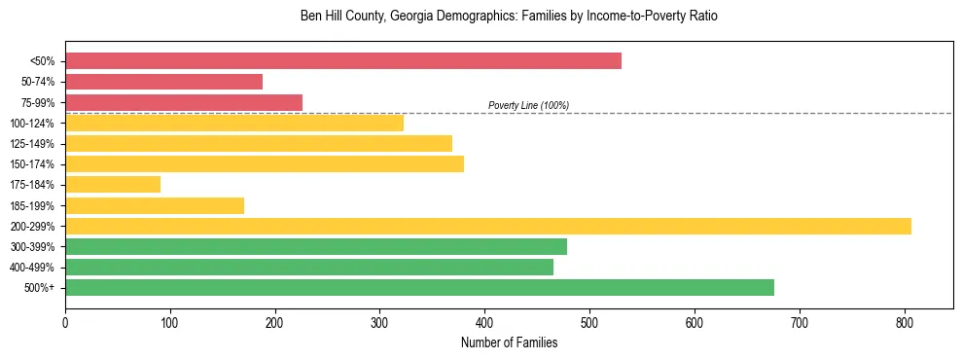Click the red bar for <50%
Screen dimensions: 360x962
tap(342, 61)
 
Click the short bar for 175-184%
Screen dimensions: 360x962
tap(113, 185)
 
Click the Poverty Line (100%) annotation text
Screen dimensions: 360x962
tap(528, 105)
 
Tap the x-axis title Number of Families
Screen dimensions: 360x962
tap(509, 342)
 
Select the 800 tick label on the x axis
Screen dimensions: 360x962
tap(905, 319)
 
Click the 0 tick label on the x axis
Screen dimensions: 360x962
tap(65, 319)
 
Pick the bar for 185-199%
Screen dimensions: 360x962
tap(155, 205)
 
